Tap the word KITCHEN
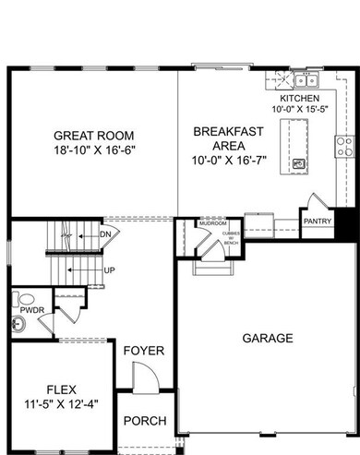point(300,98)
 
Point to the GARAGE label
point(268,339)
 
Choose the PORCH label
point(144,421)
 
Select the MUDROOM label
point(214,222)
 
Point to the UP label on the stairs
point(109,270)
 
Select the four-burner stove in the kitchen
point(346,145)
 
